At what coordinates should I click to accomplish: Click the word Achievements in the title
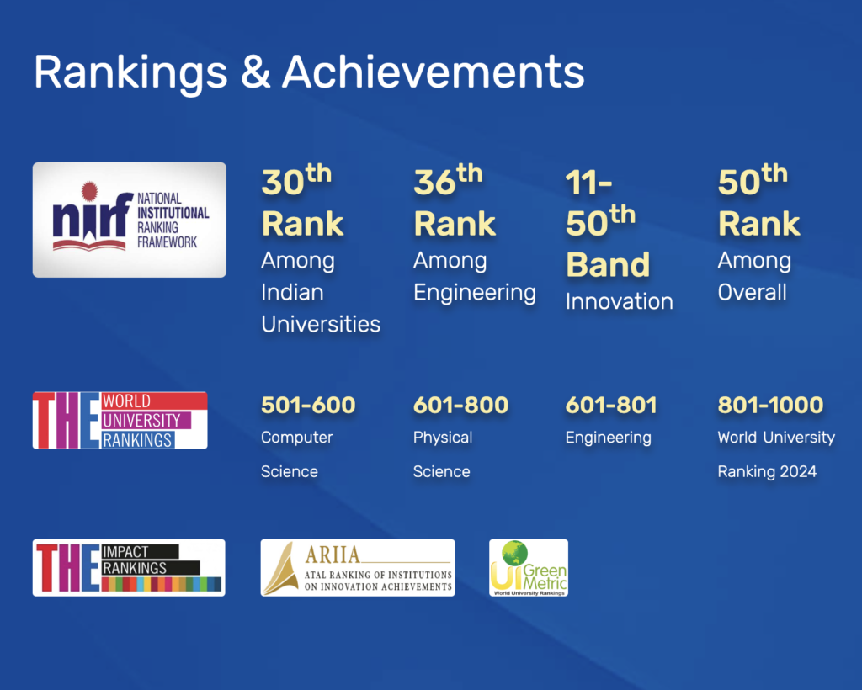tap(434, 72)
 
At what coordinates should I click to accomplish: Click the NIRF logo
tap(129, 220)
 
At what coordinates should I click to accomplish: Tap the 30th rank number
tap(296, 180)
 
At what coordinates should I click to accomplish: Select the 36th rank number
tap(448, 180)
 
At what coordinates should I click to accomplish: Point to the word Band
tap(608, 265)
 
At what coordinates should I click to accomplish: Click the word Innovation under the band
tap(620, 301)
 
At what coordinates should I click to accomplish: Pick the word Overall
tap(752, 292)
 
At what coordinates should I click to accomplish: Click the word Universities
tap(321, 324)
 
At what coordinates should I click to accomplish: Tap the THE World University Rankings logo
tap(120, 420)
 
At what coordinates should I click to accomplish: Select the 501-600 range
tap(308, 406)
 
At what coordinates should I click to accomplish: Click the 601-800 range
tap(460, 406)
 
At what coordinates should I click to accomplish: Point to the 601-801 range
tap(611, 406)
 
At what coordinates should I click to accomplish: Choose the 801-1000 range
tap(771, 406)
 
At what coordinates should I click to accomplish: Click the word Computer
tap(297, 438)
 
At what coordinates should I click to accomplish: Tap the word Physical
tap(443, 438)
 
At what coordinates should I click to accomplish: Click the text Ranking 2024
tap(767, 471)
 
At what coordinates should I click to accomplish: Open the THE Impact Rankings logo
tap(129, 567)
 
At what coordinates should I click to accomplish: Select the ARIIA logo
tap(358, 567)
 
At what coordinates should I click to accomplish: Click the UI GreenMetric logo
tap(529, 567)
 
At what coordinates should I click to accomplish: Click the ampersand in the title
tap(256, 72)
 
